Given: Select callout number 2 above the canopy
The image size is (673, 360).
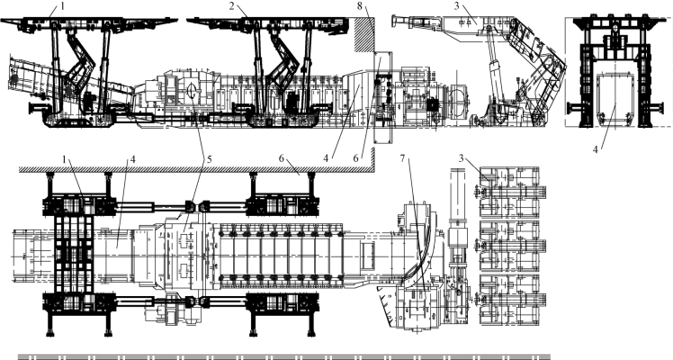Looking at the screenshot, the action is click(x=232, y=6).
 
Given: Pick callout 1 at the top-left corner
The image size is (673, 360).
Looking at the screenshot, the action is click(x=61, y=6).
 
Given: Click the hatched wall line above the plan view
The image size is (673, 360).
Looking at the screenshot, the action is click(x=180, y=167).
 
